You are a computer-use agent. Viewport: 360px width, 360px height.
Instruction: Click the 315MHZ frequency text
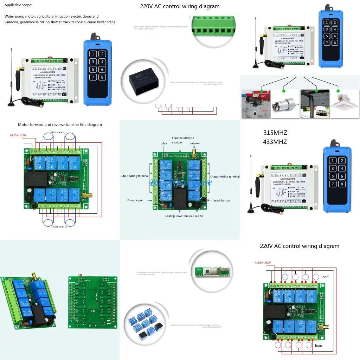275,133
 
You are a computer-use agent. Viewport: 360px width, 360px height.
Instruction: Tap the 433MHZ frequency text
275,142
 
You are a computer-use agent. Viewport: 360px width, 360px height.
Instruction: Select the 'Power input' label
135,200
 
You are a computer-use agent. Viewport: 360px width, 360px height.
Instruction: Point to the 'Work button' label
221,200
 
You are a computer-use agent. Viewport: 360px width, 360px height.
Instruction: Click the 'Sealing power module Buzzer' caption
184,216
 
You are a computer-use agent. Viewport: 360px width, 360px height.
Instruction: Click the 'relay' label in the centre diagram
164,143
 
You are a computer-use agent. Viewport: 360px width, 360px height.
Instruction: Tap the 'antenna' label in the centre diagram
195,143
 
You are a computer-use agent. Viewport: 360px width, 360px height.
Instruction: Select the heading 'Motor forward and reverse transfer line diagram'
60,125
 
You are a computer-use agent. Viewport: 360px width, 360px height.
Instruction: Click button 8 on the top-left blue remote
102,77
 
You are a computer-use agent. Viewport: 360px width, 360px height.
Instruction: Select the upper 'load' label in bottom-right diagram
325,277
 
